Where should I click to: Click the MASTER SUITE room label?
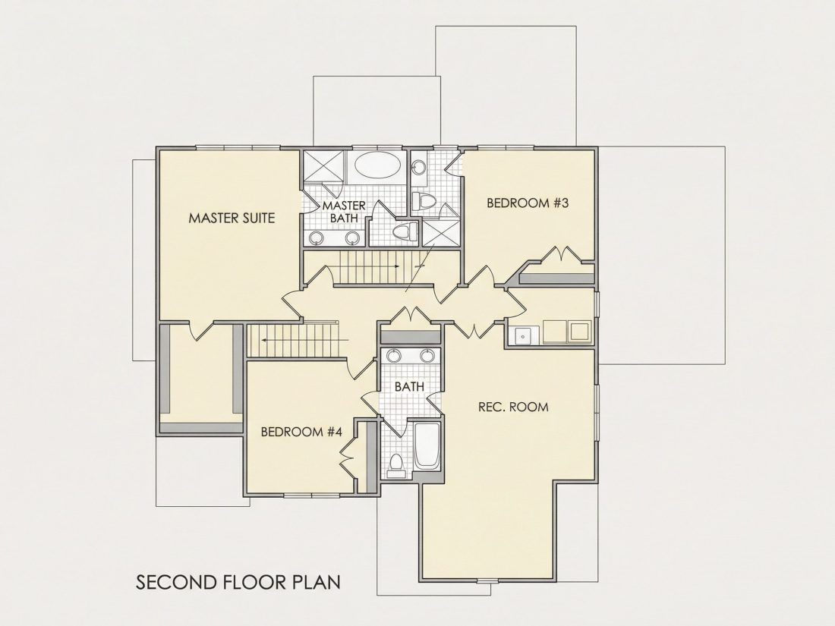(x=232, y=218)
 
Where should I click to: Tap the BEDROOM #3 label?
(x=528, y=203)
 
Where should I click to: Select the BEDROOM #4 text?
(x=301, y=431)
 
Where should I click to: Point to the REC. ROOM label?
(x=513, y=407)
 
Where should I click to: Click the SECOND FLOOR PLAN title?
(x=238, y=582)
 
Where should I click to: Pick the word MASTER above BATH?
(x=344, y=206)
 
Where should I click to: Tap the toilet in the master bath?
(x=404, y=231)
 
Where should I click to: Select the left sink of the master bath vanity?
(x=317, y=238)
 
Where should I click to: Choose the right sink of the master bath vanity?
(x=352, y=238)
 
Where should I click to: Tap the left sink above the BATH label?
(x=393, y=355)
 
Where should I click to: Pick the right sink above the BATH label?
(x=427, y=355)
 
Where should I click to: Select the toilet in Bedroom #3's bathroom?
(x=424, y=200)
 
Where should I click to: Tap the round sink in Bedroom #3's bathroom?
(x=419, y=167)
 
